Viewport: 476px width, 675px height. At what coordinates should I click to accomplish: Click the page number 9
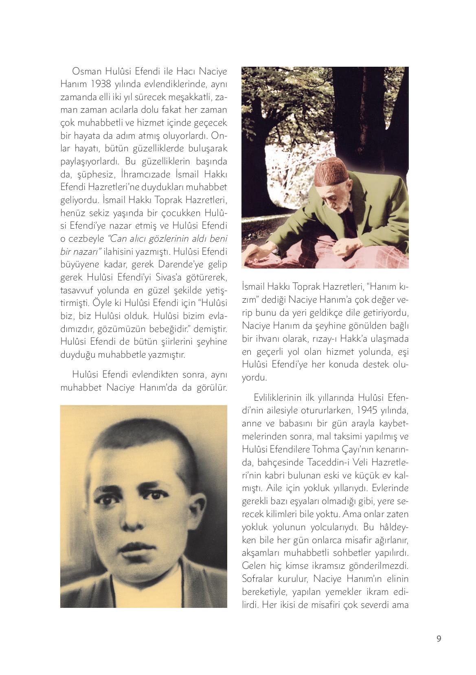click(439, 638)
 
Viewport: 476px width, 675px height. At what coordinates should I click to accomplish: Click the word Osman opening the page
click(86, 71)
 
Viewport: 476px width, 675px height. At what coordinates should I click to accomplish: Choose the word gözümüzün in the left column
click(112, 328)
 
